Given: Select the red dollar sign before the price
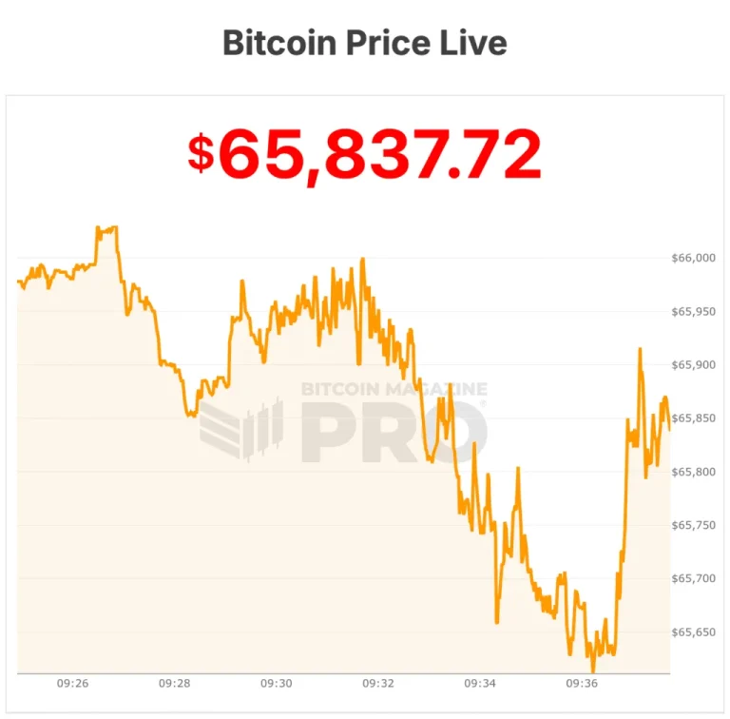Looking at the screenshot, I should [201, 154].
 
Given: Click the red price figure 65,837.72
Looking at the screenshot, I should [380, 154].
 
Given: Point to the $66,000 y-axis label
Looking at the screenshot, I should [694, 258].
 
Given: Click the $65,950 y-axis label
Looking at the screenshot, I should [694, 311].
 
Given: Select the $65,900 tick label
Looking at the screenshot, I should [694, 364].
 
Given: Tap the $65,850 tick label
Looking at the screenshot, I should [694, 418].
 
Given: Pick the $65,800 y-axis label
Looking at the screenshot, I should [694, 472].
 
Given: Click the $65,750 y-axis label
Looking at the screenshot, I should [694, 525].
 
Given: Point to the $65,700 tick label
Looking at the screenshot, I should [694, 578].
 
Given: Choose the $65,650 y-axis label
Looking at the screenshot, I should [694, 632].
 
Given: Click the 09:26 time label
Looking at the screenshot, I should [73, 683].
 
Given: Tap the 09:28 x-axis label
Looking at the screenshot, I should [175, 683].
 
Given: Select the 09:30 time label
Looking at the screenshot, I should [277, 683].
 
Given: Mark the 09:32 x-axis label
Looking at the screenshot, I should [378, 683].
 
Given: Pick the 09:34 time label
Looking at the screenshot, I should [480, 683].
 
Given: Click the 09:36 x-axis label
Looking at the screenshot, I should [582, 683].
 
